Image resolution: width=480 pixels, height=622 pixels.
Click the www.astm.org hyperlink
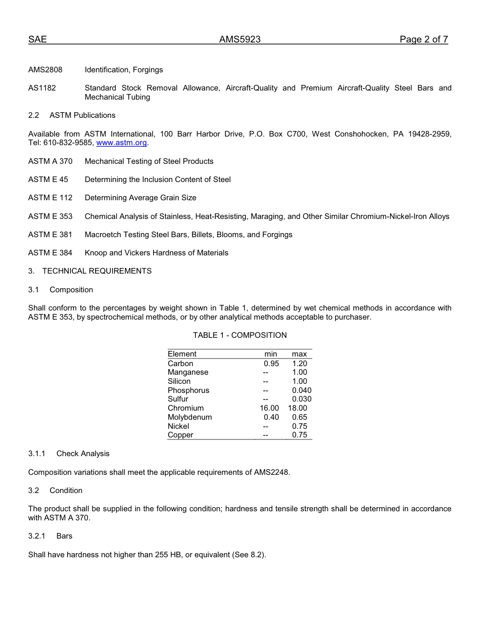point(121,143)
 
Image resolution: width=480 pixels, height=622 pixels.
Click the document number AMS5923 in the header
point(239,40)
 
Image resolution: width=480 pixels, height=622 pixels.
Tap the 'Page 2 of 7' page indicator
point(423,40)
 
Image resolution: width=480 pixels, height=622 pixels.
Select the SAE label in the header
point(37,40)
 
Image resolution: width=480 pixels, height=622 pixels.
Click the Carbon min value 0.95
point(271,364)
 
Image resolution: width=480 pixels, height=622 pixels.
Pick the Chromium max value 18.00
point(298,408)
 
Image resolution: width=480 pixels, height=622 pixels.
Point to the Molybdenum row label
point(190,417)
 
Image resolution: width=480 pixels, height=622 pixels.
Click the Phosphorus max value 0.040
point(302,390)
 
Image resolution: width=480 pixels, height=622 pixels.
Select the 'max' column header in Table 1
point(299,354)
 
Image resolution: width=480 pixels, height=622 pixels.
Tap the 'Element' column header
point(182,354)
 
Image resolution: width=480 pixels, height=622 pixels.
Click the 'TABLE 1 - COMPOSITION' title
point(239,335)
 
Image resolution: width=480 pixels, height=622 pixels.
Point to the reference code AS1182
point(42,88)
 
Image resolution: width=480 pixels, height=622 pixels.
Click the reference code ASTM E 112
point(50,198)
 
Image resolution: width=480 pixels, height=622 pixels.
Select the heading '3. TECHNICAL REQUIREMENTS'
point(90,271)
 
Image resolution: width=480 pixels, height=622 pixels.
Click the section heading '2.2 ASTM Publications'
point(72,115)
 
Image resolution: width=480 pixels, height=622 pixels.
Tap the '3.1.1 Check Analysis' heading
point(69,454)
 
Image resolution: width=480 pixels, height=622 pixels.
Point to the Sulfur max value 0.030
point(302,399)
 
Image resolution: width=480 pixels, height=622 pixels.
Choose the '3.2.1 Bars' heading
point(51,536)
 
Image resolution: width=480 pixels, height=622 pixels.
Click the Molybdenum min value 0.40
point(271,417)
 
